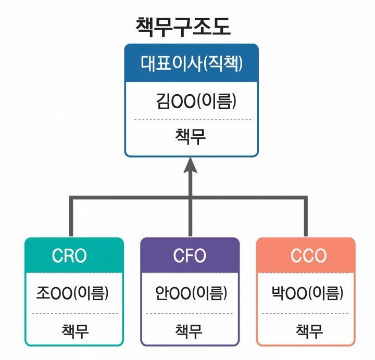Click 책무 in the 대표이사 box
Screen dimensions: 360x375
191,136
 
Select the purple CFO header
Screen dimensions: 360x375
190,255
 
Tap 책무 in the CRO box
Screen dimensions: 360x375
74,330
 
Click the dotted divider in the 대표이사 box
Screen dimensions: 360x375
192,120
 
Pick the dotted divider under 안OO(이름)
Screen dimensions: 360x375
190,314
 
